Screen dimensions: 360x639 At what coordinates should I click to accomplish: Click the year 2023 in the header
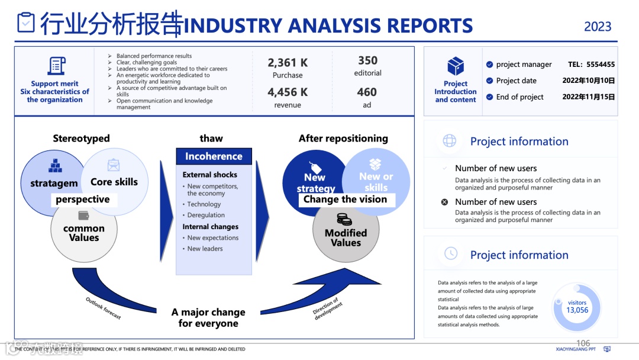598,27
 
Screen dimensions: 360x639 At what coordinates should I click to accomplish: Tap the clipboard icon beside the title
26,22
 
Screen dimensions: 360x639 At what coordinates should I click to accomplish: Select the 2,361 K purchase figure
288,63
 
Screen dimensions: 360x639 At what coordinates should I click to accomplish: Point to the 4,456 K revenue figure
288,92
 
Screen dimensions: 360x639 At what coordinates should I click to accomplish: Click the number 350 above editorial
367,60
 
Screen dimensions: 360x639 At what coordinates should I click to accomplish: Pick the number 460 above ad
367,92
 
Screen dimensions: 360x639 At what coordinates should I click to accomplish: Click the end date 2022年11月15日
589,97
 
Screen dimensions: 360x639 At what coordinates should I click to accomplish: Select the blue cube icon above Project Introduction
456,66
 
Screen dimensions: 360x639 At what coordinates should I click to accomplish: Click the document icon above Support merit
56,65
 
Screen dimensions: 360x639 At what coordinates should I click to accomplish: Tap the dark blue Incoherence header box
214,156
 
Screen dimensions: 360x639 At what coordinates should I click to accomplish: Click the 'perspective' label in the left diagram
83,200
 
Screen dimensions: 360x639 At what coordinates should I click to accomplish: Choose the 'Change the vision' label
345,200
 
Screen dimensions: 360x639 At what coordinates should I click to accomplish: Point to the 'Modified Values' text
346,237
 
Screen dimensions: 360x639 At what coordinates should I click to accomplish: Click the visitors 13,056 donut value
577,307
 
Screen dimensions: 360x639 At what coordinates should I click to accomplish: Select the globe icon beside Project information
450,140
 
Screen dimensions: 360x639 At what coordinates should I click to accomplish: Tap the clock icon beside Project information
451,253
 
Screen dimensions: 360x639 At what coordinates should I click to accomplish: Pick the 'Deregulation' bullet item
206,215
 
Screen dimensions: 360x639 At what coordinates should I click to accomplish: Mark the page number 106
583,343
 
